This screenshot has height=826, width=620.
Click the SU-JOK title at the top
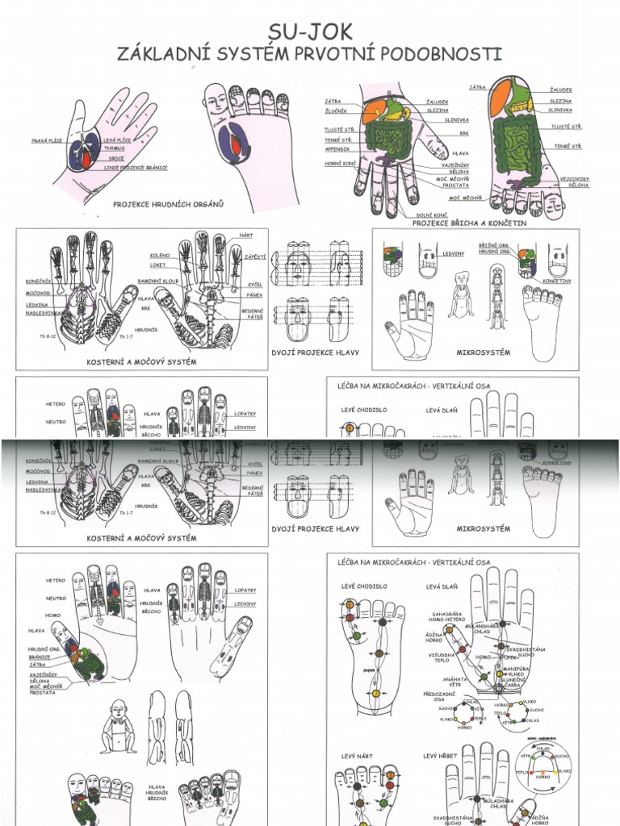click(310, 31)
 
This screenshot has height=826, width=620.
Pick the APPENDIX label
click(337, 148)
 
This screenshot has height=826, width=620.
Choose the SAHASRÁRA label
click(446, 614)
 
